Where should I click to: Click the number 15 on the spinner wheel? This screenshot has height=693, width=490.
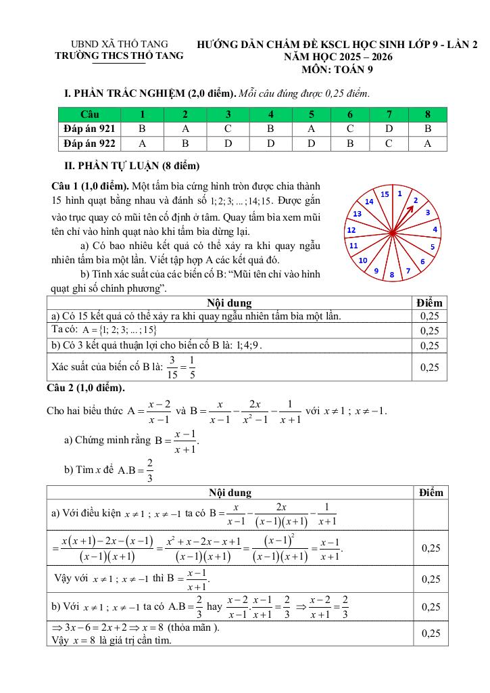(385, 194)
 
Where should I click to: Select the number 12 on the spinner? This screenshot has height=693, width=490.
(352, 230)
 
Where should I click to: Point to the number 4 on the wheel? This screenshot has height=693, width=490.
(435, 229)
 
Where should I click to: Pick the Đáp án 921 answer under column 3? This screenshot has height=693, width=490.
(228, 128)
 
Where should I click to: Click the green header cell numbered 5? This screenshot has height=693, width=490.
(311, 113)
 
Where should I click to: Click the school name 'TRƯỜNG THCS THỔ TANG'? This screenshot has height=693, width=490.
(119, 56)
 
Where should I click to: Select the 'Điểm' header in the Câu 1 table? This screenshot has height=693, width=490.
(429, 303)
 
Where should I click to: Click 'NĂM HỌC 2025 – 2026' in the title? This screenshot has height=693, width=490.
(338, 58)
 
